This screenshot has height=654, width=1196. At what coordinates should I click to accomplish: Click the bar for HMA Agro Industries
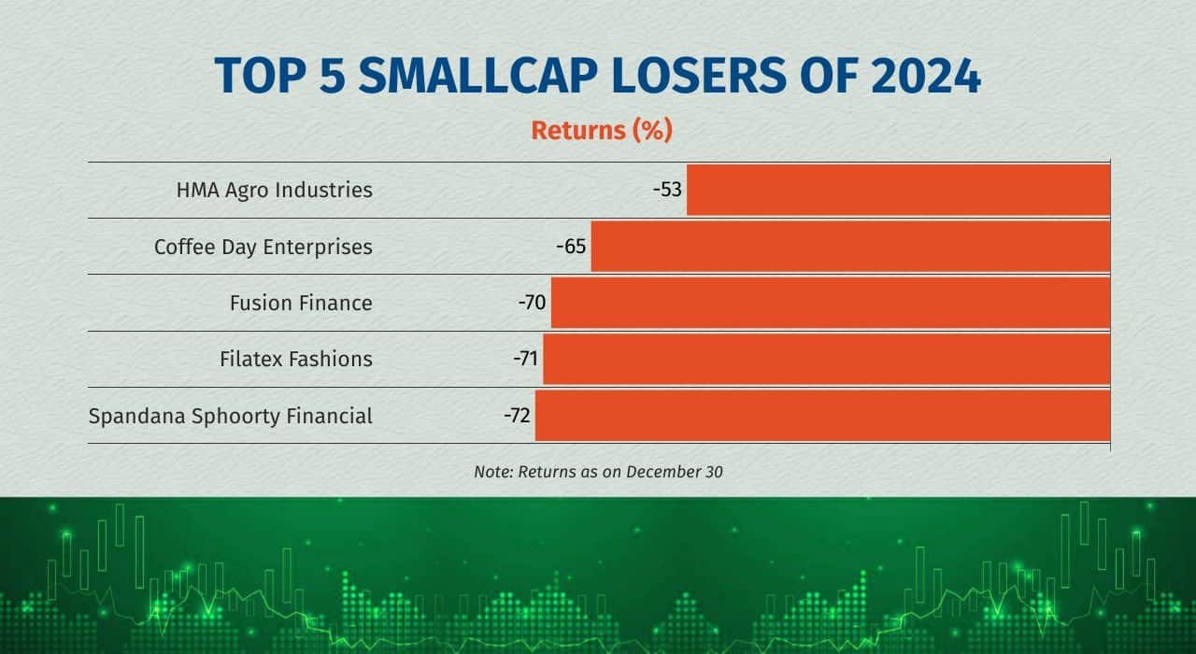[x=898, y=190]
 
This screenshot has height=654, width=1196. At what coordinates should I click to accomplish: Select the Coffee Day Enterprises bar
[x=850, y=247]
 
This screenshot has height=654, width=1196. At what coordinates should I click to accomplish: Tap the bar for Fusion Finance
[x=831, y=303]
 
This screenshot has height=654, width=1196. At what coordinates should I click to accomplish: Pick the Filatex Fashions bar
[x=826, y=359]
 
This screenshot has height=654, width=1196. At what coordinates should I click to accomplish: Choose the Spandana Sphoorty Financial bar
[x=822, y=416]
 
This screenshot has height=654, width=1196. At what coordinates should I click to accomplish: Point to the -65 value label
[x=571, y=247]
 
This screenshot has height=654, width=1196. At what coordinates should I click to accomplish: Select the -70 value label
[x=532, y=303]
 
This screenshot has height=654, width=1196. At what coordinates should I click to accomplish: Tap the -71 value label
[x=525, y=359]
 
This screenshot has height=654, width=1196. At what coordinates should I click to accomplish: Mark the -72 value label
[x=517, y=416]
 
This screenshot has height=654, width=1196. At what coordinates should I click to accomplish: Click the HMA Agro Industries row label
[x=274, y=191]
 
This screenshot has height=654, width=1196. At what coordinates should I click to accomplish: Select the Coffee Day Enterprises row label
[x=263, y=248]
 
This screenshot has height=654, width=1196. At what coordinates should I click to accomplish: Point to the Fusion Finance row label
[x=301, y=304]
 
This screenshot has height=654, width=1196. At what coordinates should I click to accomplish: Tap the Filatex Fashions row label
[x=295, y=360]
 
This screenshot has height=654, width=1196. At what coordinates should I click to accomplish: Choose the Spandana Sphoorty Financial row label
[x=230, y=417]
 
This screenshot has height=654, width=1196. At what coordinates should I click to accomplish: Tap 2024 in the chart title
[x=925, y=77]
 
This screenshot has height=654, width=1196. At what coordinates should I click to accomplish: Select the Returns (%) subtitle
[x=602, y=131]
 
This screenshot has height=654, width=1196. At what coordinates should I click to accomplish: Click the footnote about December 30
[x=598, y=473]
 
